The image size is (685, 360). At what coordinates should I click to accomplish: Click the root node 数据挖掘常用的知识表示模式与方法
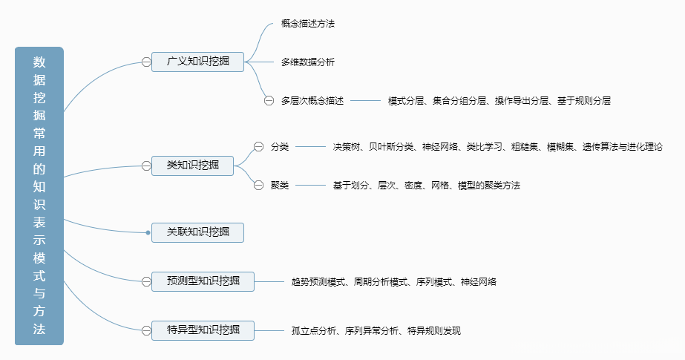(39, 196)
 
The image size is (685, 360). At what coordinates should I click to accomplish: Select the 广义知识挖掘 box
(197, 62)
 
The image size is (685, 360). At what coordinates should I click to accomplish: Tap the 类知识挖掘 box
(192, 166)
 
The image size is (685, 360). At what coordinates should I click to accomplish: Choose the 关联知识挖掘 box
(197, 232)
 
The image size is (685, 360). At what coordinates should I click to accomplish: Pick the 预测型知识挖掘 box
(203, 281)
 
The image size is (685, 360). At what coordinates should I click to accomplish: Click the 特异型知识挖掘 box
(203, 330)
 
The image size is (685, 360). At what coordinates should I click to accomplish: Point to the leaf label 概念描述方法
(308, 24)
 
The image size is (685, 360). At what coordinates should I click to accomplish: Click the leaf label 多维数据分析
(308, 62)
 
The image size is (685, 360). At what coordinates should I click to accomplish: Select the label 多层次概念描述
(312, 100)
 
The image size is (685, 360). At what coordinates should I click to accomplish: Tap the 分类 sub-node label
(280, 147)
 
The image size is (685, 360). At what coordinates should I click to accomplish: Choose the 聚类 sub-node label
(280, 185)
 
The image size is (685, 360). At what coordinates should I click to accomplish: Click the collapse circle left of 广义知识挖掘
(146, 62)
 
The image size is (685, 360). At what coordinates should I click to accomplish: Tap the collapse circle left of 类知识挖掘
(146, 166)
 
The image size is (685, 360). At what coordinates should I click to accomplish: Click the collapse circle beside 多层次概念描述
(269, 100)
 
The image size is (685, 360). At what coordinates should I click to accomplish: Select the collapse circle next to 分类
(258, 147)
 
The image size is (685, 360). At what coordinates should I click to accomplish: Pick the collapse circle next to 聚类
(258, 185)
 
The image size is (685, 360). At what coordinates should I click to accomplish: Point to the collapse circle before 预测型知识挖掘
(146, 281)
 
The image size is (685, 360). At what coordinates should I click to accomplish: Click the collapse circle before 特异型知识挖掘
(146, 330)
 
